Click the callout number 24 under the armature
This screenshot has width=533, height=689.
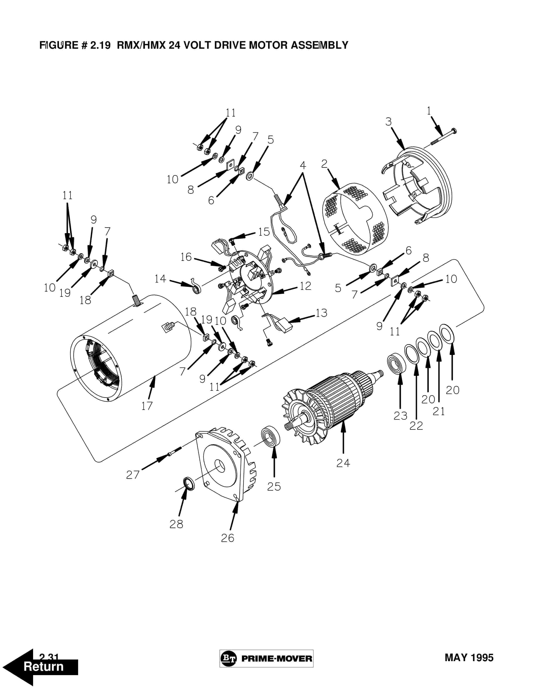pos(343,463)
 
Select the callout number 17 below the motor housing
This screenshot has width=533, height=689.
pos(147,406)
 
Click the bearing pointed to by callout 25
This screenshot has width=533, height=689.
pos(270,437)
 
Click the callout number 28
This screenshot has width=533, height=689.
pos(176,524)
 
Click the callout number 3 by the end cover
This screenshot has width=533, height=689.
pos(388,121)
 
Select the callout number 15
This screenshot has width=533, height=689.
pos(264,232)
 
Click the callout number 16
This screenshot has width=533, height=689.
pos(186,257)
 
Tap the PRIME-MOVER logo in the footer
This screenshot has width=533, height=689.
pos(266,658)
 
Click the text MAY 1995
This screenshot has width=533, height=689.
pos(469,658)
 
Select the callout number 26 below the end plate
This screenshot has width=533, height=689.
pos(227,538)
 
